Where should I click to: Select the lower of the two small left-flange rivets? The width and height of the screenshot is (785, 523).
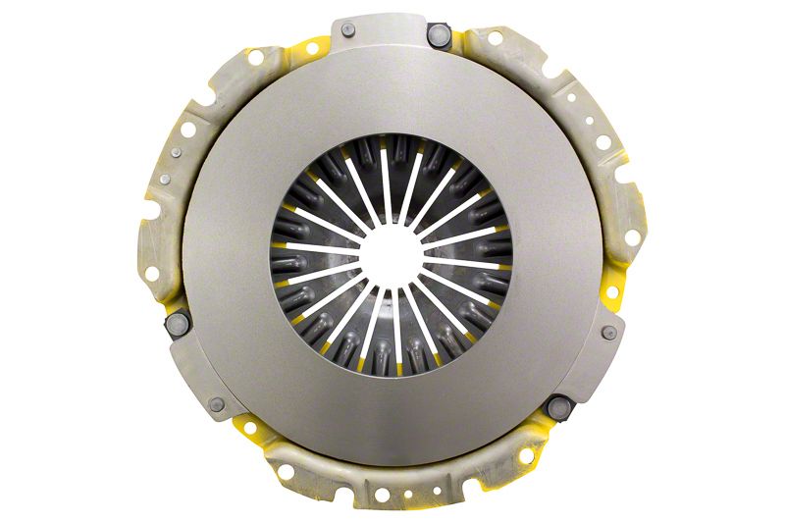(164, 180)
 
